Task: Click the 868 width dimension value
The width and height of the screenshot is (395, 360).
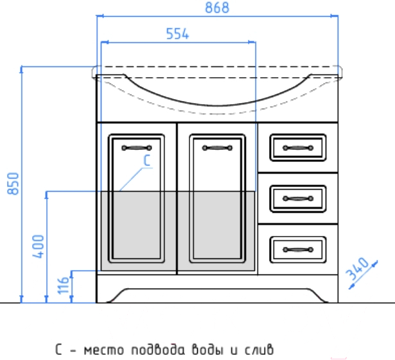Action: pyautogui.click(x=217, y=8)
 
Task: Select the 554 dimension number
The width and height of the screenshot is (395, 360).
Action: pyautogui.click(x=177, y=34)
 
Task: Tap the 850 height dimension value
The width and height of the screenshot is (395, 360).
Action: pyautogui.click(x=13, y=183)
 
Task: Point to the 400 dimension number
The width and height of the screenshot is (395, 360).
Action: pyautogui.click(x=38, y=247)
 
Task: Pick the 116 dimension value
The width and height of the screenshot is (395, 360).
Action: pyautogui.click(x=63, y=285)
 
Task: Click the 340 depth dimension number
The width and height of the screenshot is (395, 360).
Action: pyautogui.click(x=358, y=268)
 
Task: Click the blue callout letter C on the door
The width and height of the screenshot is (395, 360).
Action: pyautogui.click(x=147, y=160)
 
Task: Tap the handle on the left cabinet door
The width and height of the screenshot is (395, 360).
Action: pyautogui.click(x=137, y=148)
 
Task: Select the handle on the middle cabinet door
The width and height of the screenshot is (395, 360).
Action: pyautogui.click(x=217, y=148)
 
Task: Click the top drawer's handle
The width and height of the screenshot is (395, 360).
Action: pyautogui.click(x=298, y=148)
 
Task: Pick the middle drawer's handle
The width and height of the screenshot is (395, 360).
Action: pyautogui.click(x=298, y=199)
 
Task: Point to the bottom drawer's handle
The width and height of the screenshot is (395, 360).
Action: pyautogui.click(x=298, y=249)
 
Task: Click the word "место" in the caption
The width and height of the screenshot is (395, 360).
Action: pyautogui.click(x=104, y=350)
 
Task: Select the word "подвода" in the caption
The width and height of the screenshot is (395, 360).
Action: pyautogui.click(x=158, y=350)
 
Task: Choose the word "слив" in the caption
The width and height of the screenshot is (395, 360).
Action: pyautogui.click(x=259, y=350)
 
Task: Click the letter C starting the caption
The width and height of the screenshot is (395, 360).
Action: pyautogui.click(x=58, y=350)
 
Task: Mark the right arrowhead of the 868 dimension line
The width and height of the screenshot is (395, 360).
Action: pyautogui.click(x=334, y=16)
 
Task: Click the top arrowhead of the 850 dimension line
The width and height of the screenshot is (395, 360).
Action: pyautogui.click(x=21, y=69)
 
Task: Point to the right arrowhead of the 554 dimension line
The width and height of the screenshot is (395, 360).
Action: pyautogui.click(x=252, y=42)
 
